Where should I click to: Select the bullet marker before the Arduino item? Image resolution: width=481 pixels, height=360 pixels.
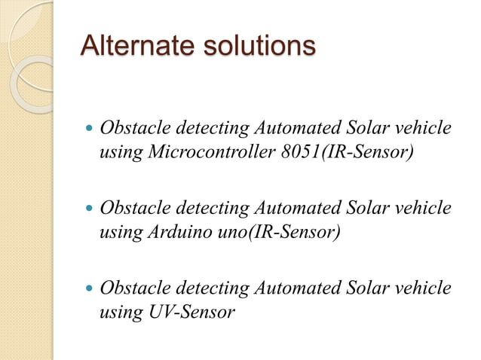coord(89,207)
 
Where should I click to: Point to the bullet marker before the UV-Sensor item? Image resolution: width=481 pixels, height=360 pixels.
coord(89,288)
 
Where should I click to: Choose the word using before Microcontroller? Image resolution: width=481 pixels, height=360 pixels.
coord(121,154)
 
